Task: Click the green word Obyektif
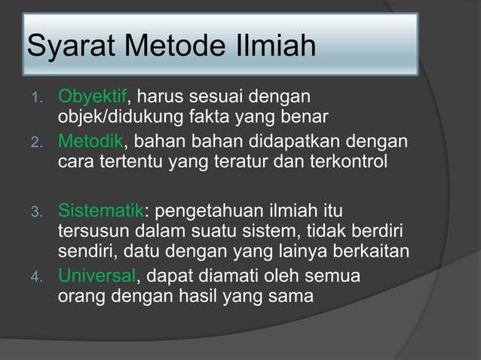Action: coord(93,98)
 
